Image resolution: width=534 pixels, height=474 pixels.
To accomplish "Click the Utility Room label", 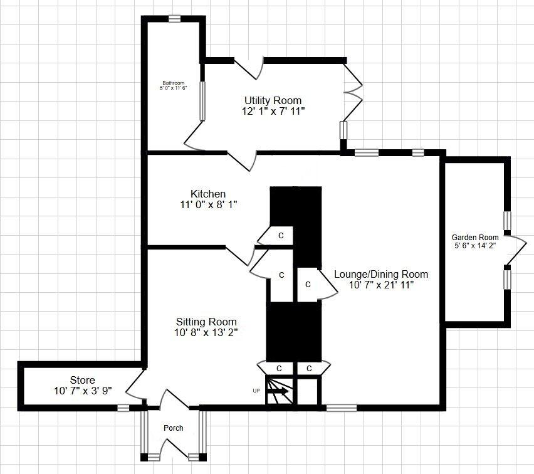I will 273,100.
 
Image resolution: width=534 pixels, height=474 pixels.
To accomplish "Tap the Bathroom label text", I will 174,83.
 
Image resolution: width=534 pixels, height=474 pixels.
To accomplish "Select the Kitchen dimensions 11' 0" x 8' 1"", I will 209,204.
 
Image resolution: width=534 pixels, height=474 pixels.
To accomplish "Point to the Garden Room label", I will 475,237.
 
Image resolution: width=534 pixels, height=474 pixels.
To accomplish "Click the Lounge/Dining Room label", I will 381,274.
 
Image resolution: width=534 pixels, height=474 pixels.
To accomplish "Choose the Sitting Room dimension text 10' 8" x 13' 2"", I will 207,332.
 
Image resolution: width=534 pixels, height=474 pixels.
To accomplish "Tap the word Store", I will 83,380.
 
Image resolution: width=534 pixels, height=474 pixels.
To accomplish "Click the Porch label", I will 174,428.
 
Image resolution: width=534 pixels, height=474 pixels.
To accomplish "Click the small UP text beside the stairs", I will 256,391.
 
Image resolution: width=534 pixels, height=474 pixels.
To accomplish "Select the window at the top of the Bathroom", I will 175,19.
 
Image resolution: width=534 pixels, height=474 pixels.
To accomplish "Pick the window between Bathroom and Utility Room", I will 202,100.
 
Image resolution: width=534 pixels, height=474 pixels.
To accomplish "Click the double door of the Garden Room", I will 515,250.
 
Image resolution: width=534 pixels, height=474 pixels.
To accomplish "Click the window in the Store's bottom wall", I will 123,408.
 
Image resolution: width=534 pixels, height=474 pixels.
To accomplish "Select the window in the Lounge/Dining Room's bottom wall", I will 341,408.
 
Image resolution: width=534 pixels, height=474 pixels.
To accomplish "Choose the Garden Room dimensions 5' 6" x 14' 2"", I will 475,246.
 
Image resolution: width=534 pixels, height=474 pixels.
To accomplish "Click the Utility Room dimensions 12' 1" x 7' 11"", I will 273,111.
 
